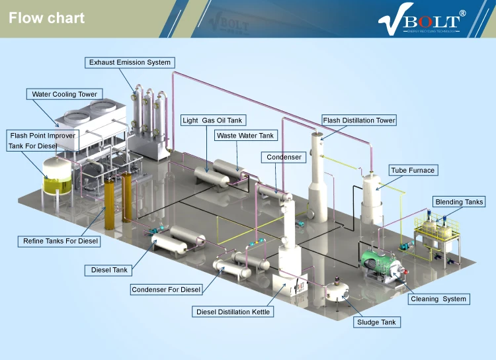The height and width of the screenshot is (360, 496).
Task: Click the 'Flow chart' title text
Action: pos(47,18)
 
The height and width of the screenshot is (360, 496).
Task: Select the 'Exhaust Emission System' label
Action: pos(130,62)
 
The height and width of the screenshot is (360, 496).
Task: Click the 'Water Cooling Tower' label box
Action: pos(65,94)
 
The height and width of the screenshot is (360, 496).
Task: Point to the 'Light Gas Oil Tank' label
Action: pos(213,120)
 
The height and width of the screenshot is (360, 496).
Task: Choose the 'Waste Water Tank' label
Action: pos(245,136)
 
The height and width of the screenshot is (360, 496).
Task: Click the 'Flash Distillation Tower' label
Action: pos(359,120)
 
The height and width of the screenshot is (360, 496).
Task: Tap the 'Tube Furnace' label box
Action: pos(413,170)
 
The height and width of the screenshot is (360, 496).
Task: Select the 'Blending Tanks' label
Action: pos(459,202)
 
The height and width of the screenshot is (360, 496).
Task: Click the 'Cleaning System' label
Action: pos(438,299)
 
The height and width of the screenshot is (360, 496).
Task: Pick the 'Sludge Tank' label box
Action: pos(376,322)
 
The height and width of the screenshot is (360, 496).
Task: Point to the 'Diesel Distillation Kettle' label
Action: pos(233,311)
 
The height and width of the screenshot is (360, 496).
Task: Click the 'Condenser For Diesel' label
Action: pos(166,290)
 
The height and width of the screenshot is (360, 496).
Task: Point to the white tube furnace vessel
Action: pos(372,195)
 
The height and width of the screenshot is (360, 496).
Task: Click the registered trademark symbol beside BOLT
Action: pos(462,13)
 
